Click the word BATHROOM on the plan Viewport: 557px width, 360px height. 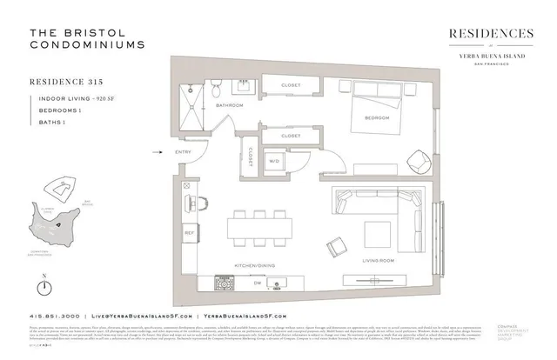pos(229,105)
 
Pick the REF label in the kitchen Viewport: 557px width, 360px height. pos(188,232)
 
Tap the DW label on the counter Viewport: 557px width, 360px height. pos(232,282)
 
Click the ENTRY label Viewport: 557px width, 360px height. pos(183,153)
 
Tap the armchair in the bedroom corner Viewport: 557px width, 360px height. pos(417,161)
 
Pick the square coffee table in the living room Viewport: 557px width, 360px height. pos(378,232)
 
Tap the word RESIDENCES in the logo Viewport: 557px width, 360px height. pos(490,33)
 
